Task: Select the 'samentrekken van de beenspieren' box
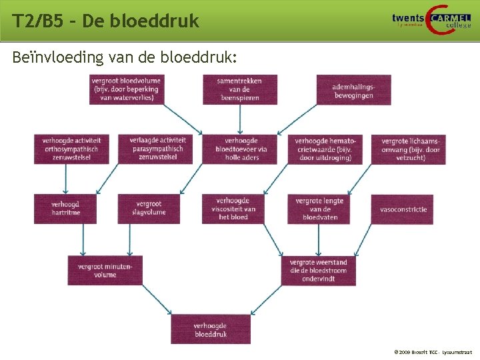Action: coord(240,89)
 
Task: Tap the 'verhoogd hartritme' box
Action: coord(65,208)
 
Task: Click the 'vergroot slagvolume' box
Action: coord(149,208)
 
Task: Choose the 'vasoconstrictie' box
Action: coord(403,209)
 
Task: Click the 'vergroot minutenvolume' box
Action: coord(105,270)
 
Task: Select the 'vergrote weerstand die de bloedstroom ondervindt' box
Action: coord(319,270)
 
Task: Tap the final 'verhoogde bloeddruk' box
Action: coord(211,329)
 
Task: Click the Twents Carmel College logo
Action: coord(431,21)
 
